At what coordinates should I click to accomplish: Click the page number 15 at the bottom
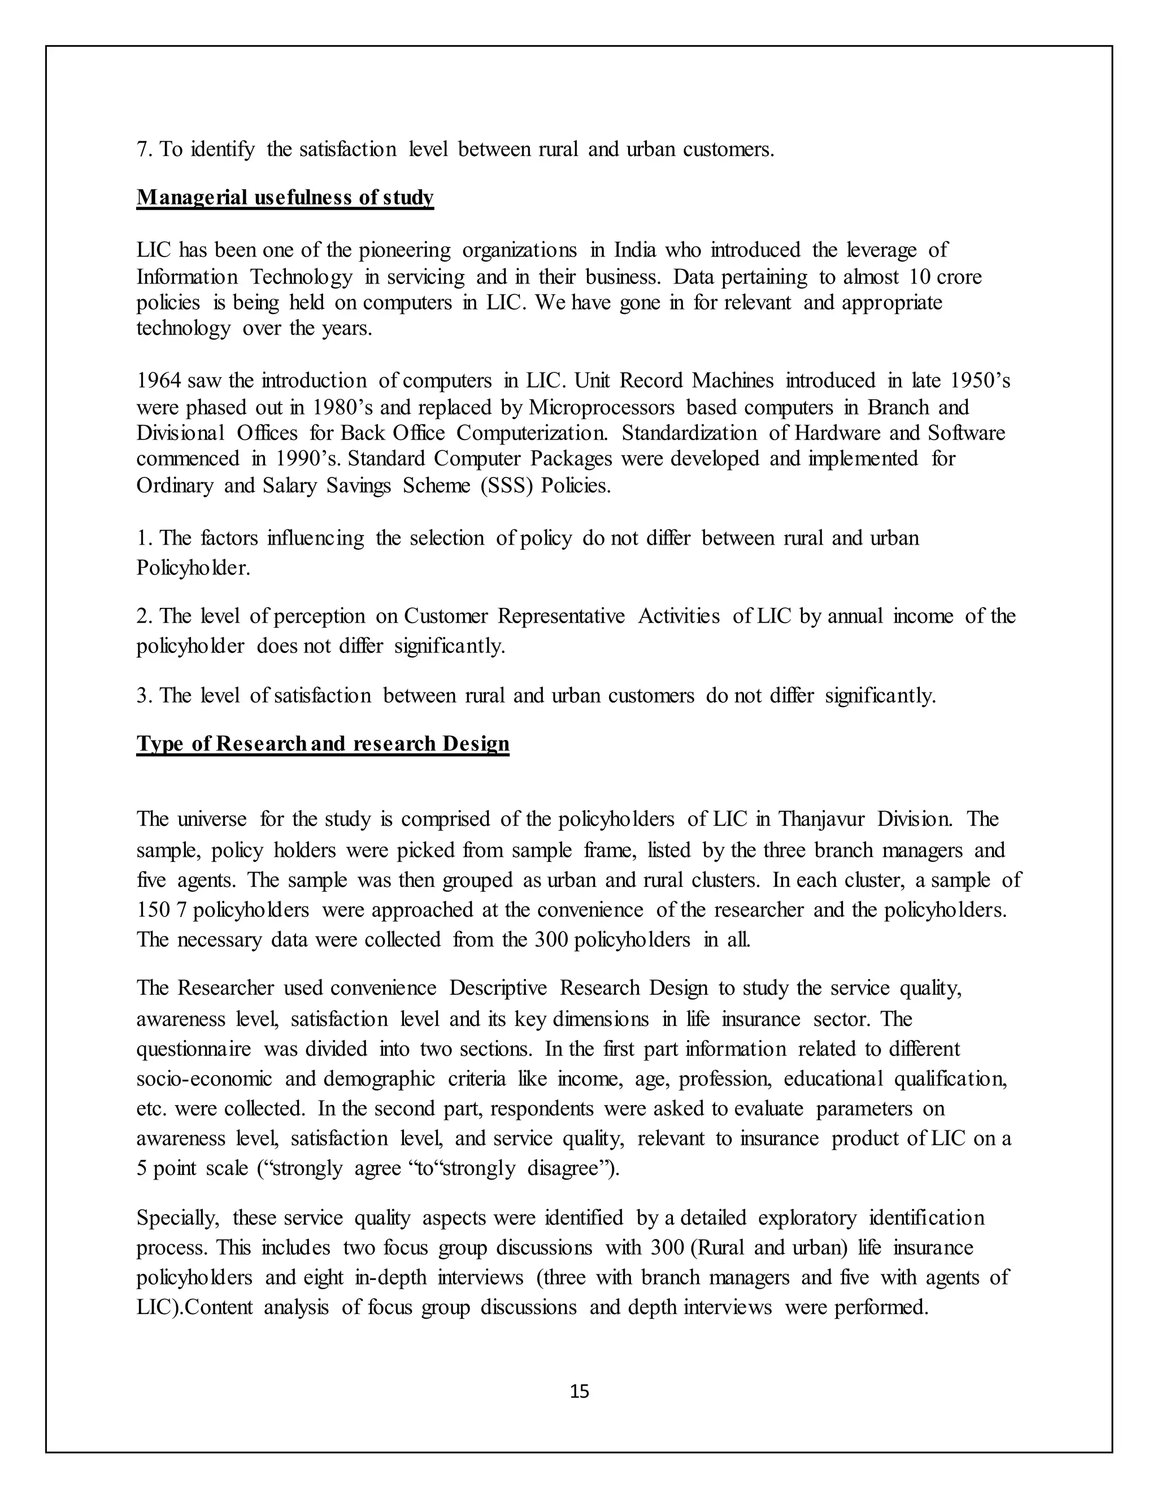(x=579, y=1391)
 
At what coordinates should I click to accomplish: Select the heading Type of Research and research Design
(x=323, y=744)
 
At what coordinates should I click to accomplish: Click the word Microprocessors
(x=602, y=407)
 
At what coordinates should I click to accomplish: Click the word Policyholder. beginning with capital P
(x=193, y=568)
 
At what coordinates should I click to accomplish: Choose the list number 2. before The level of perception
(x=145, y=616)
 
